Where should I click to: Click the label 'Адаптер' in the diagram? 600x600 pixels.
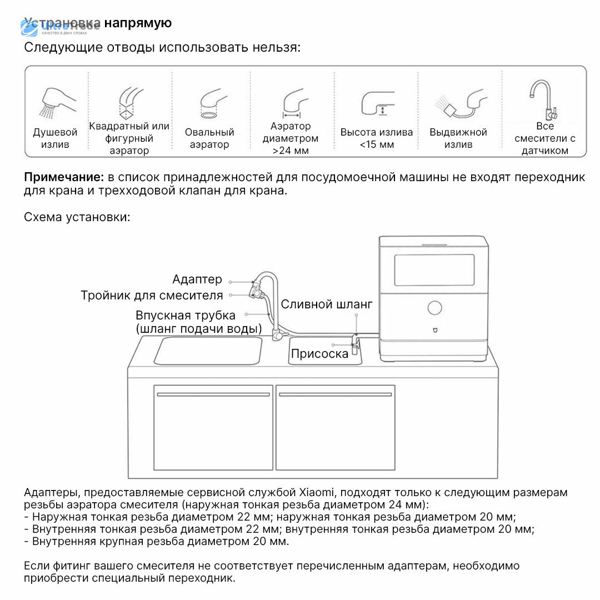197,279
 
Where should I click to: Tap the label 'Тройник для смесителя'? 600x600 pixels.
152,296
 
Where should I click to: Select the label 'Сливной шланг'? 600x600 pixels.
327,304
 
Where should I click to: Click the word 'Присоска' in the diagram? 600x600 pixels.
319,353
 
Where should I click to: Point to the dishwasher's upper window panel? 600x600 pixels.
434,271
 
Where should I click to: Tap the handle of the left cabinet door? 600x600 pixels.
213,394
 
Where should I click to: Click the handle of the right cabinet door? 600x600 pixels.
335,394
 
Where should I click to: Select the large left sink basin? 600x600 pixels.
208,351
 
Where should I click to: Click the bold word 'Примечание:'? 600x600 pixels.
64,177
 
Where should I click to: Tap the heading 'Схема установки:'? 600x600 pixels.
77,217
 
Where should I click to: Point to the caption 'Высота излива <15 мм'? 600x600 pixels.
376,138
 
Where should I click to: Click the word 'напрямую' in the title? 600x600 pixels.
138,23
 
